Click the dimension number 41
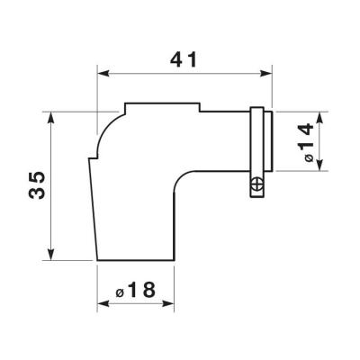[x=184, y=59]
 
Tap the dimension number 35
[x=37, y=185]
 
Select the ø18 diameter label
[x=136, y=290]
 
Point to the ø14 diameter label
[x=306, y=143]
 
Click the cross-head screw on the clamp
[x=256, y=184]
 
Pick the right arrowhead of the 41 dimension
[x=265, y=74]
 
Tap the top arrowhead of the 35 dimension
[x=51, y=117]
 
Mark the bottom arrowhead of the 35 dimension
[x=51, y=255]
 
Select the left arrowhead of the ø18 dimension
[x=103, y=303]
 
